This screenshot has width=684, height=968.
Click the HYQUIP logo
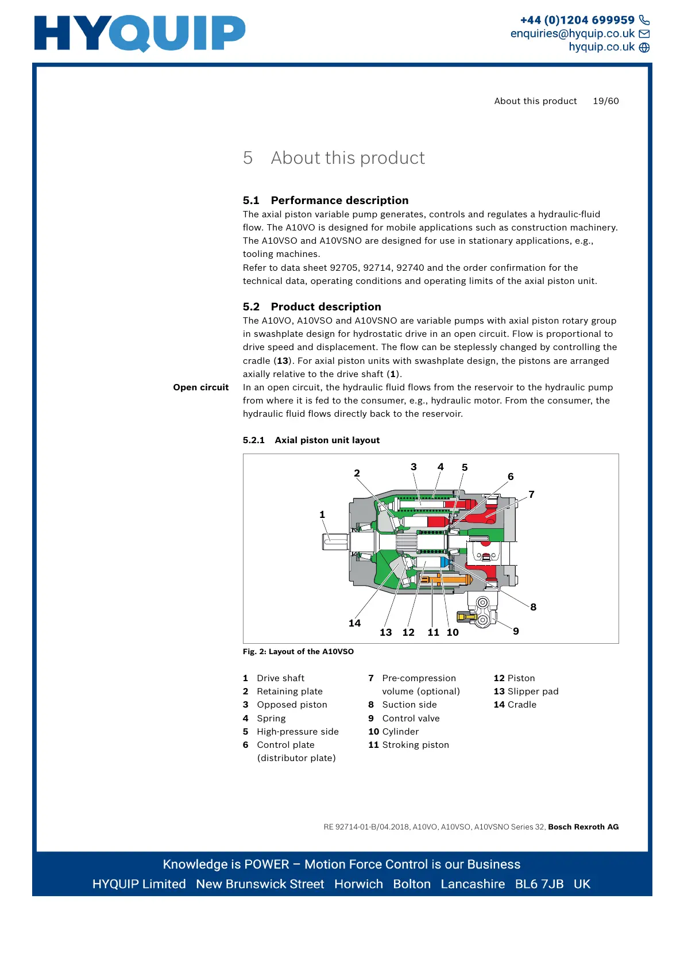click(140, 33)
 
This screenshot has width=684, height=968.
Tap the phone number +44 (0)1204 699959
click(577, 20)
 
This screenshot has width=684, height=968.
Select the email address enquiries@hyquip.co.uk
click(572, 33)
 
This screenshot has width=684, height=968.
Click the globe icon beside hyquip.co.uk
click(644, 47)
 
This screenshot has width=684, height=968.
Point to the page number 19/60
click(605, 101)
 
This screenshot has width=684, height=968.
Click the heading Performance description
click(339, 200)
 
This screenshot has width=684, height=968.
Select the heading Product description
click(325, 306)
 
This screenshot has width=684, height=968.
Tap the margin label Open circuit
click(201, 387)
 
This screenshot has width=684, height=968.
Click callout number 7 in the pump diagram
click(531, 494)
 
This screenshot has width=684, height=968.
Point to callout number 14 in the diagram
click(354, 623)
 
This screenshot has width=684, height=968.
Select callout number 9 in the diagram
click(516, 631)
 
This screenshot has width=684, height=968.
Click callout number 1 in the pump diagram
click(322, 514)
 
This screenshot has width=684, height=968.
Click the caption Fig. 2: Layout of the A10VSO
click(298, 651)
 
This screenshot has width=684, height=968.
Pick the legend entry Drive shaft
click(280, 678)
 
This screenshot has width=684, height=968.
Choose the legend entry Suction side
click(409, 705)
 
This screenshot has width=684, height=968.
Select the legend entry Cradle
click(521, 705)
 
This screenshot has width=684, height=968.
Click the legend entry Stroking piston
click(415, 745)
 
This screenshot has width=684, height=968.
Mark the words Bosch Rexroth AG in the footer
click(583, 827)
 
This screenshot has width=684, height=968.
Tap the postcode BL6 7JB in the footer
click(539, 884)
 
